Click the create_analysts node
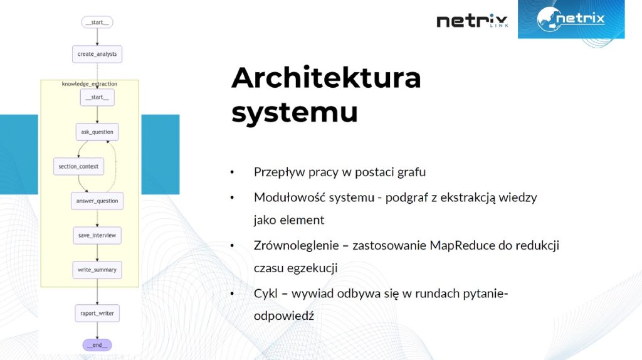[97, 54]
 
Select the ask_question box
[97, 132]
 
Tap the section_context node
[78, 166]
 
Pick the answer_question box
[97, 201]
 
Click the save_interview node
[97, 235]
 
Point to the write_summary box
[97, 270]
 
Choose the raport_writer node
[97, 314]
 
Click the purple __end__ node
[97, 345]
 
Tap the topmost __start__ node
[97, 22]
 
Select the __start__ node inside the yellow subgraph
[97, 97]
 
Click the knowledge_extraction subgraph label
[89, 84]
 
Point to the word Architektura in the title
[326, 78]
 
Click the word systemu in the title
[295, 112]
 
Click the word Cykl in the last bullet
[265, 294]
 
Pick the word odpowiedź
[284, 316]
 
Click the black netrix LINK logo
[472, 21]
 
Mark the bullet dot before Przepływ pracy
[232, 172]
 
